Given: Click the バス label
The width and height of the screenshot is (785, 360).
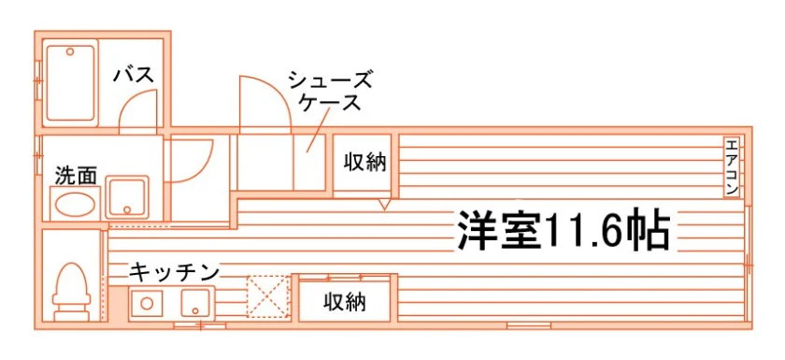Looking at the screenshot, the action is pyautogui.click(x=133, y=76).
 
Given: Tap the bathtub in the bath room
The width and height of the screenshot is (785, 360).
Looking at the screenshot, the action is pyautogui.click(x=71, y=83).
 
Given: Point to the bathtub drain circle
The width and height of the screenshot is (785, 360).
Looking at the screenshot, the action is pyautogui.click(x=70, y=51).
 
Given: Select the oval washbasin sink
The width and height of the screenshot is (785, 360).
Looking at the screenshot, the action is pyautogui.click(x=75, y=204).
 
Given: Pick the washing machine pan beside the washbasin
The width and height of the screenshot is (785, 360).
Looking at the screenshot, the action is pyautogui.click(x=127, y=197).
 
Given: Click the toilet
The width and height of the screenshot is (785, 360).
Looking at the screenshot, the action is pyautogui.click(x=72, y=292).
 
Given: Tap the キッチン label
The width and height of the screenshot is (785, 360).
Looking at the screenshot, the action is pyautogui.click(x=174, y=273).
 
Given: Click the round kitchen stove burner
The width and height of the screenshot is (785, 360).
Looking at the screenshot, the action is pyautogui.click(x=147, y=303).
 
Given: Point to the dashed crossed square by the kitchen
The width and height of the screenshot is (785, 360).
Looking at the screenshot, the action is pyautogui.click(x=268, y=297).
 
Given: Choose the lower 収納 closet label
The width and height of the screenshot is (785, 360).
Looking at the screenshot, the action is pyautogui.click(x=345, y=302).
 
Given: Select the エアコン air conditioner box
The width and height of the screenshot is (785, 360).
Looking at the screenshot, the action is pyautogui.click(x=732, y=166).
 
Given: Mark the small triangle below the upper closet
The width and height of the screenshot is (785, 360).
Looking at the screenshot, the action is pyautogui.click(x=384, y=204).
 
